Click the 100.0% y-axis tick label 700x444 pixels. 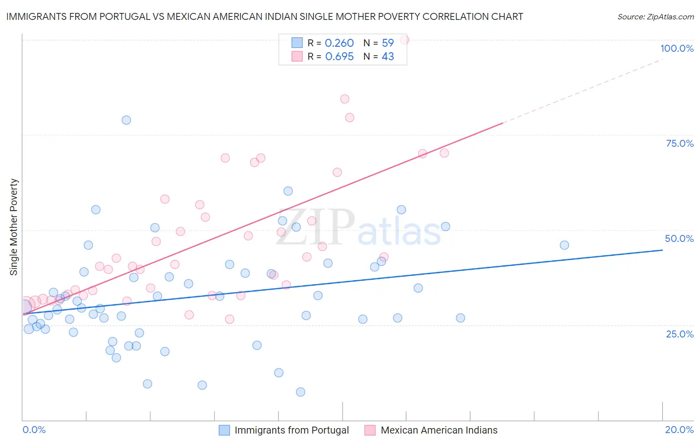pyautogui.click(x=677, y=48)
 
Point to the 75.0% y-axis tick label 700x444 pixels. pyautogui.click(x=680, y=143)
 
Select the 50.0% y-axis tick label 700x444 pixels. pyautogui.click(x=679, y=238)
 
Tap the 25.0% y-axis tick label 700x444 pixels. pyautogui.click(x=680, y=333)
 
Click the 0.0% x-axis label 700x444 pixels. pyautogui.click(x=34, y=430)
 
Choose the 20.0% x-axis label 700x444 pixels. pyautogui.click(x=679, y=430)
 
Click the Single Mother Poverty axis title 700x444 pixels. pyautogui.click(x=14, y=227)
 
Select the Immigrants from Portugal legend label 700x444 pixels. pyautogui.click(x=291, y=430)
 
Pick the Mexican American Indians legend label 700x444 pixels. pyautogui.click(x=439, y=430)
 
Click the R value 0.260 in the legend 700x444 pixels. pyautogui.click(x=339, y=43)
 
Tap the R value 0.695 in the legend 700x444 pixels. pyautogui.click(x=339, y=57)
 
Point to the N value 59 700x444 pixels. pyautogui.click(x=388, y=43)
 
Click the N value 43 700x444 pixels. pyautogui.click(x=388, y=57)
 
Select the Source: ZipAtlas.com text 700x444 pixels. pyautogui.click(x=655, y=16)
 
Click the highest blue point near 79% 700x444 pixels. pyautogui.click(x=126, y=120)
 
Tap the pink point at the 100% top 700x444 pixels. pyautogui.click(x=404, y=40)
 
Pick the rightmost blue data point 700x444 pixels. pyautogui.click(x=564, y=245)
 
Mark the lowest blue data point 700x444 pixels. pyautogui.click(x=300, y=392)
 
